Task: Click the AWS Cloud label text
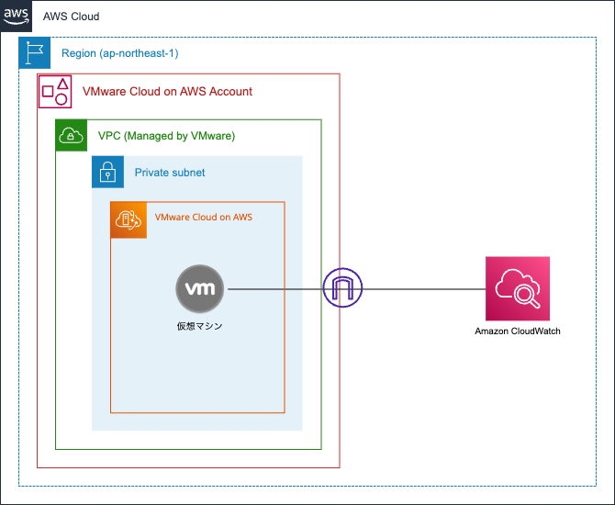(x=71, y=17)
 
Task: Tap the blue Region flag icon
(x=35, y=53)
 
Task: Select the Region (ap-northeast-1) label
(x=119, y=53)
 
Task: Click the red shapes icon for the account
(x=54, y=91)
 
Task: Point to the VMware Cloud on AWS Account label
(x=167, y=92)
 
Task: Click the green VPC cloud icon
(x=72, y=135)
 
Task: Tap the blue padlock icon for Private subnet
(x=107, y=172)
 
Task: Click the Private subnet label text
(x=170, y=173)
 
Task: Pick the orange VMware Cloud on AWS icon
(x=129, y=219)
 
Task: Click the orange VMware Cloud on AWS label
(x=203, y=218)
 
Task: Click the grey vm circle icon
(x=200, y=288)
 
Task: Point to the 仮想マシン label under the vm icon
(x=200, y=325)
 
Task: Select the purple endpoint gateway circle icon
(x=342, y=289)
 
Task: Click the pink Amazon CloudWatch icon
(x=518, y=288)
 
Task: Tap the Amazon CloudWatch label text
(x=518, y=331)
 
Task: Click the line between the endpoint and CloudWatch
(x=422, y=289)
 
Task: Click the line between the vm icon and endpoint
(x=275, y=289)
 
